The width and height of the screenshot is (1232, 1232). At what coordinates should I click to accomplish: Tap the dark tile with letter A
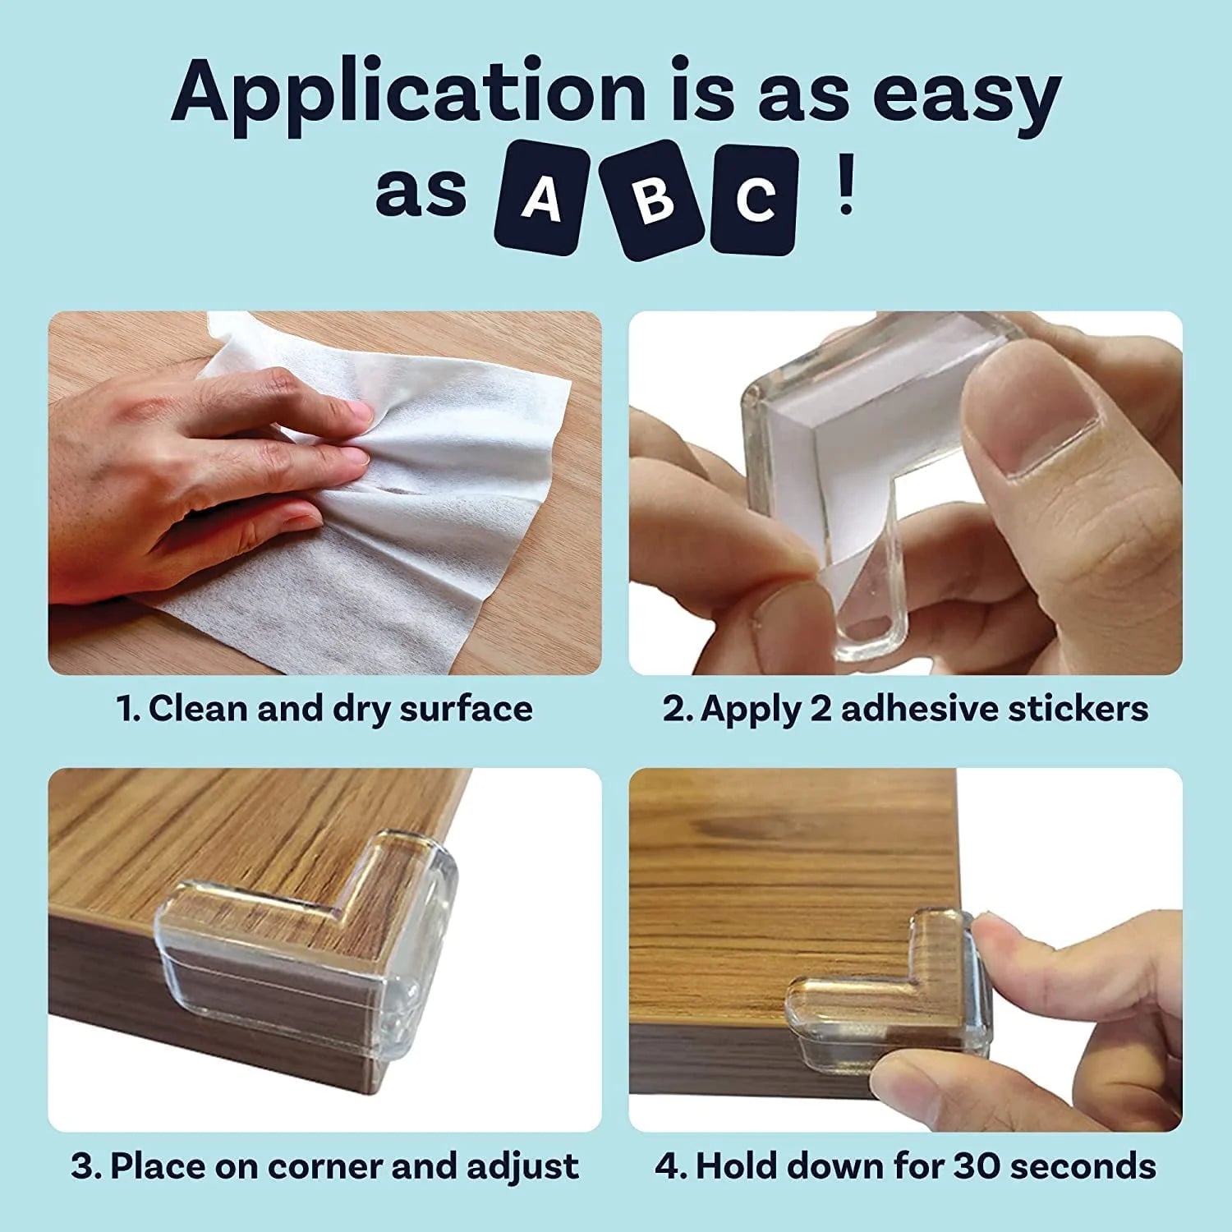click(540, 197)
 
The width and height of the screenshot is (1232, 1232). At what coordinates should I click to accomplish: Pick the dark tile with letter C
click(754, 200)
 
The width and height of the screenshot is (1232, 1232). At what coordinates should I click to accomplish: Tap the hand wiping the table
click(205, 468)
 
